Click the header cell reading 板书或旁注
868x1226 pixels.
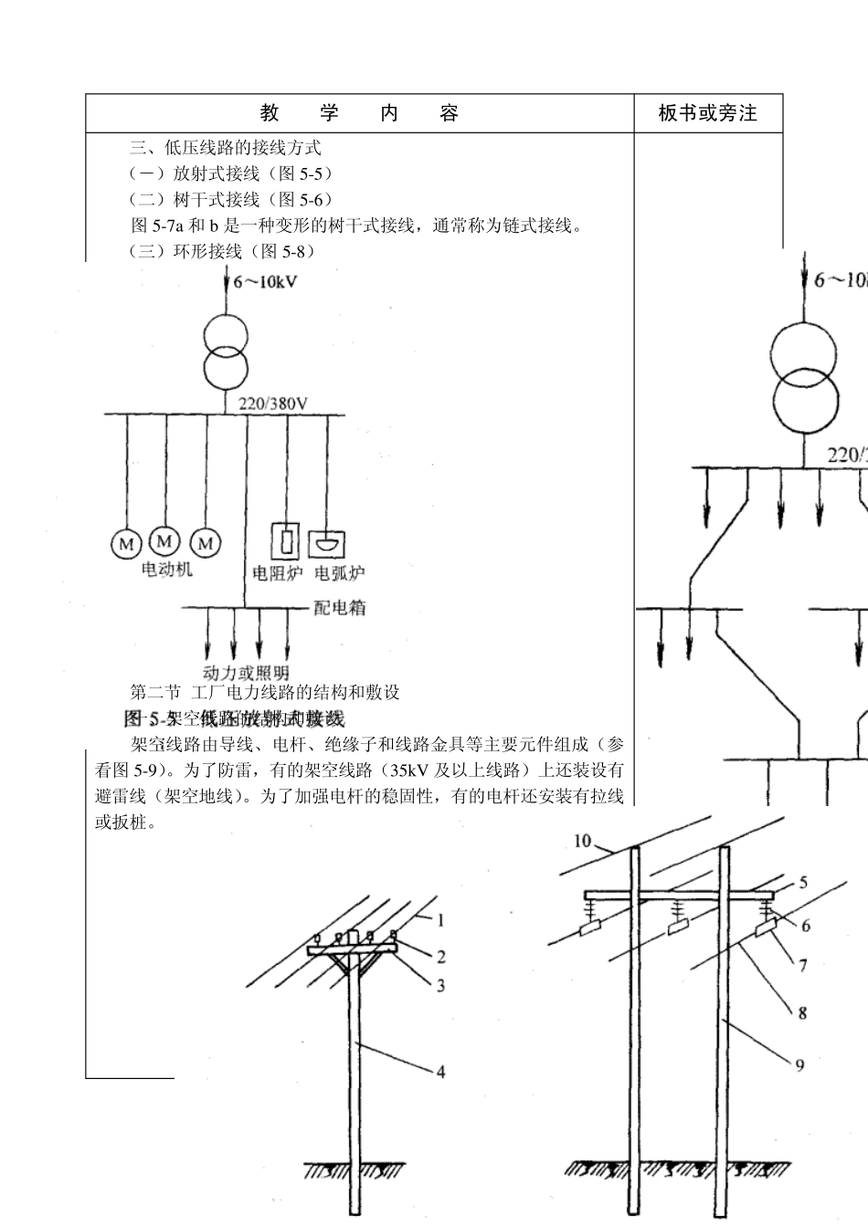708,113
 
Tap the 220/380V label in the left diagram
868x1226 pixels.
272,403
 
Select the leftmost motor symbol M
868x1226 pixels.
124,544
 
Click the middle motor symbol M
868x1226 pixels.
164,540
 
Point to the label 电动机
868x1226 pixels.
167,569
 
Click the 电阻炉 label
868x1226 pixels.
278,573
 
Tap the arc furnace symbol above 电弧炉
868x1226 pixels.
326,543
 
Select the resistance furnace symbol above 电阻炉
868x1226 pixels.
288,540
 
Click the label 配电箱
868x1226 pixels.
339,607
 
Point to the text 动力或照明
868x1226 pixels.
246,674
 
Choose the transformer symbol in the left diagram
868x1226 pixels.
226,351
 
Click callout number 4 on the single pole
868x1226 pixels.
440,1072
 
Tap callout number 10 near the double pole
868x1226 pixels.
583,841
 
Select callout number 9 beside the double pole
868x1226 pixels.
799,1064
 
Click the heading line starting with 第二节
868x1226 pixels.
266,692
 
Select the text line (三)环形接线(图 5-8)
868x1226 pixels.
224,251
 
